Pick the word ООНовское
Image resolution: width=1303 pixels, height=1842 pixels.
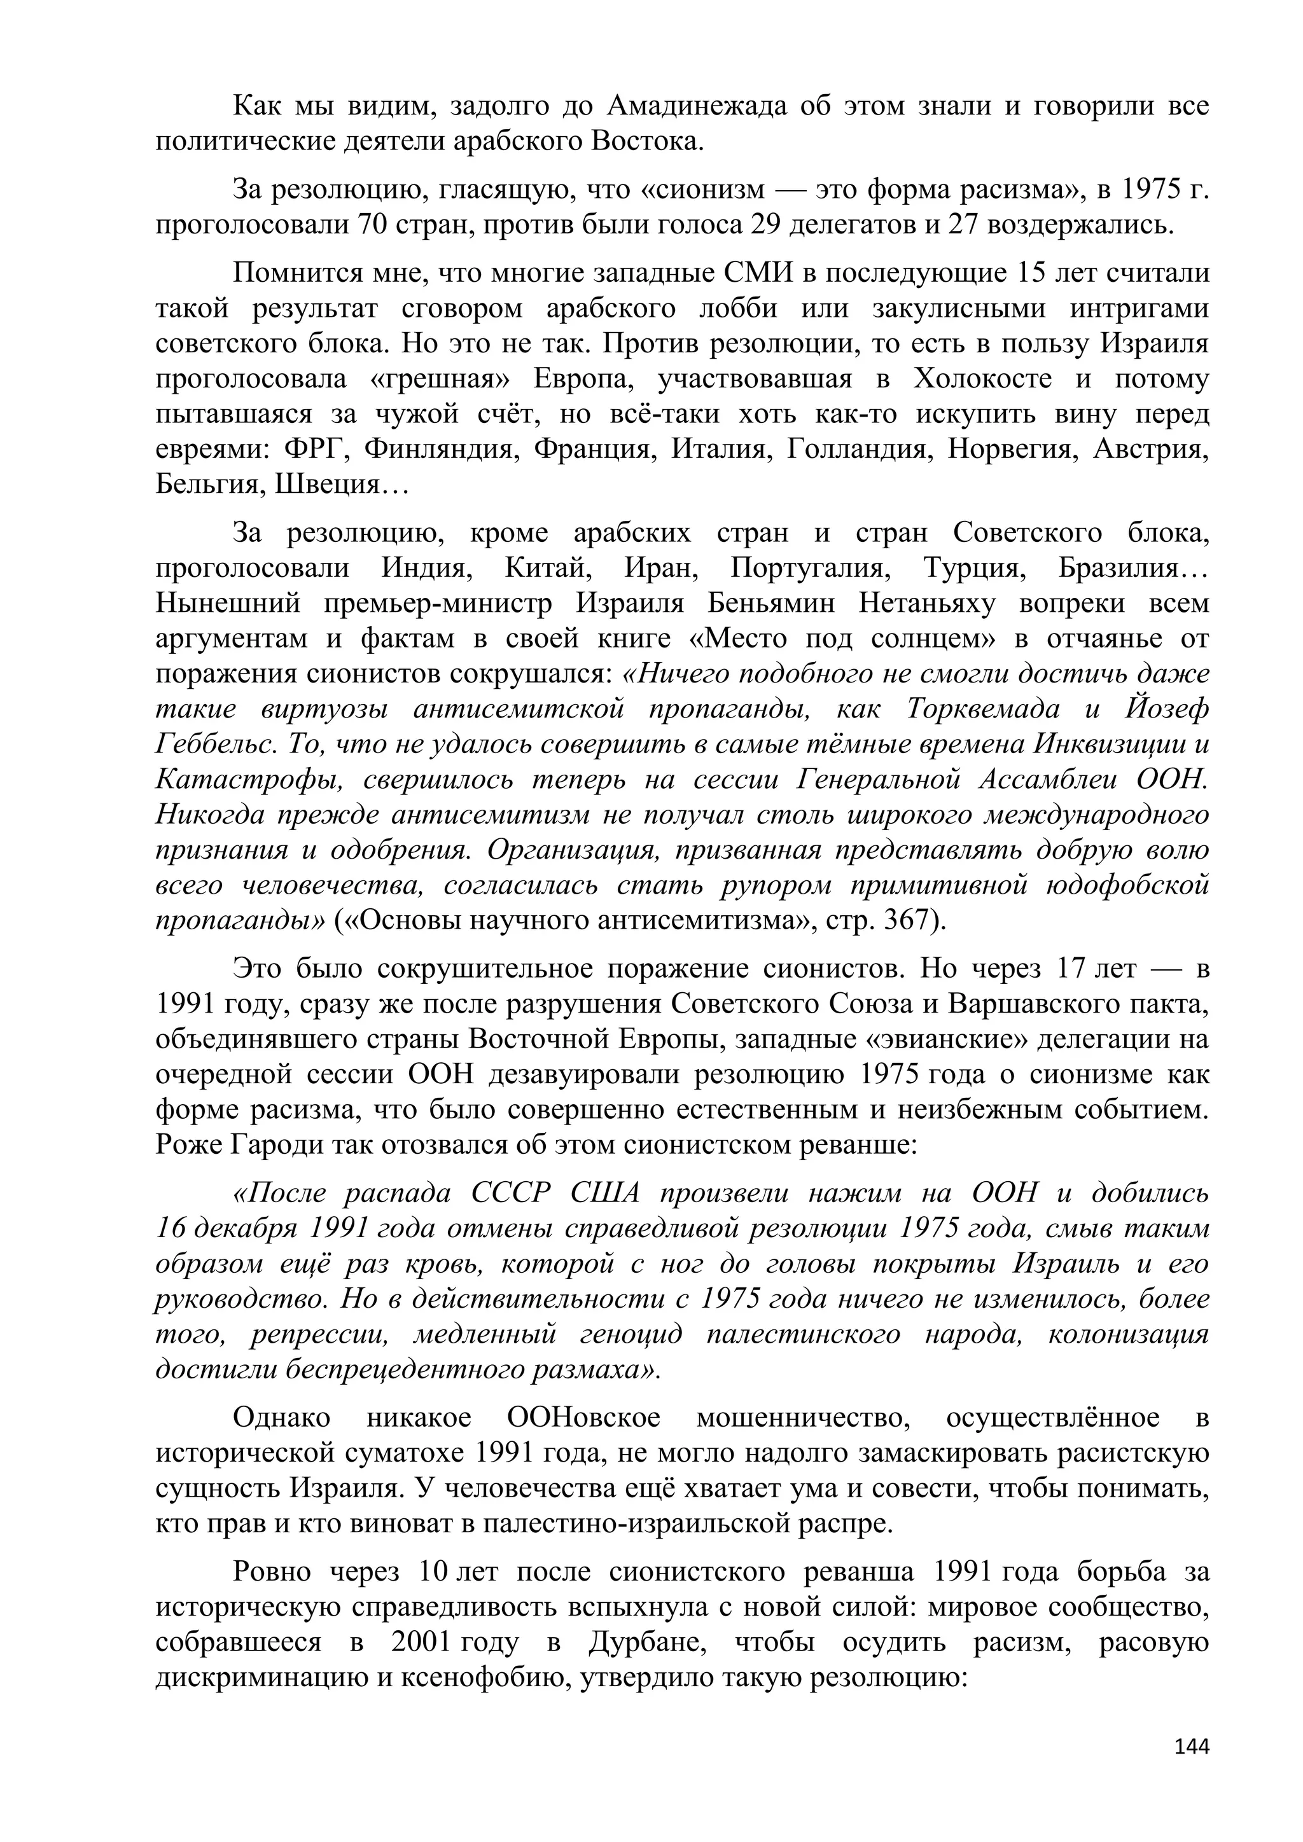pos(583,1418)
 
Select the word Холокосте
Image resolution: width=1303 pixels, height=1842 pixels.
pos(981,378)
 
